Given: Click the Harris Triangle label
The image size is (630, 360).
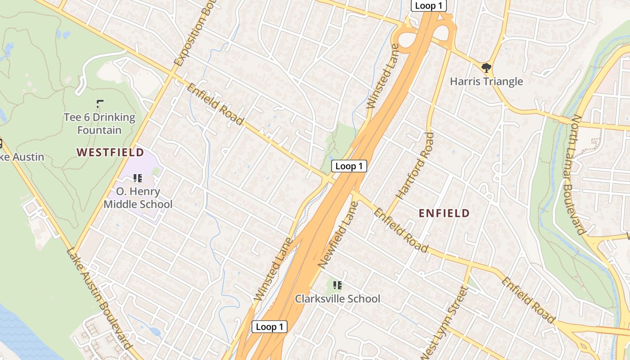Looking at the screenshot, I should (486, 81).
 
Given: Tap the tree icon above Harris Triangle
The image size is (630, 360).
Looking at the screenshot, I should (486, 68).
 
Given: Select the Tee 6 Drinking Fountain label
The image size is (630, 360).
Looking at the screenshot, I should (99, 124).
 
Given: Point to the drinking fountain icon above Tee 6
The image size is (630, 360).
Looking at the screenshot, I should (100, 103).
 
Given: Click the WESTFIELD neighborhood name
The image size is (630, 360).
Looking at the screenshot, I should (110, 153).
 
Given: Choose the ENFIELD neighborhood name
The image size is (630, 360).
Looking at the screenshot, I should (444, 213).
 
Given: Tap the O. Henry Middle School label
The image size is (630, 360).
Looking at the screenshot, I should (138, 198).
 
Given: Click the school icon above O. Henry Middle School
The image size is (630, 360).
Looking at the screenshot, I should (138, 178).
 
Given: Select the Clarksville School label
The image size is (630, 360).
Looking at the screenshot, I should (337, 299).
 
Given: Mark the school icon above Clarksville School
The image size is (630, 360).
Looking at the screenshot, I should (337, 285).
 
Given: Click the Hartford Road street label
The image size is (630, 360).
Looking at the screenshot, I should (415, 166).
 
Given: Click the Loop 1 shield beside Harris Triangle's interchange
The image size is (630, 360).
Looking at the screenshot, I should (428, 6).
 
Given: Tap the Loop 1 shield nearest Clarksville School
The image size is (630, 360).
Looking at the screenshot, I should (269, 327).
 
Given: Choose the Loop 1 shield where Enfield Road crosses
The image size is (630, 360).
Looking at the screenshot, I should (349, 166).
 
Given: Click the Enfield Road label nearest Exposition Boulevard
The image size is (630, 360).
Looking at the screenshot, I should (215, 104).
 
